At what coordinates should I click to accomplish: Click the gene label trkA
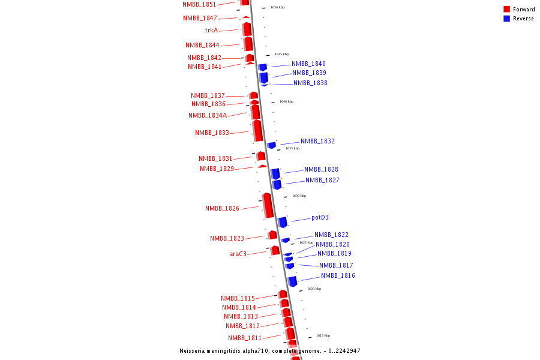(211, 30)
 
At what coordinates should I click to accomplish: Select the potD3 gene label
(320, 218)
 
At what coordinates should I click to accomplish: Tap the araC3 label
(238, 254)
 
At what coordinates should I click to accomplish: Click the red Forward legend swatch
(507, 9)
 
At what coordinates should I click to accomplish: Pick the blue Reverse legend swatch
(507, 19)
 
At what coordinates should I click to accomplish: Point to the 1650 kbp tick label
(277, 7)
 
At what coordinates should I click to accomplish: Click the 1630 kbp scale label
(299, 196)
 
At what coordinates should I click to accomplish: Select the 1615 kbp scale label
(323, 335)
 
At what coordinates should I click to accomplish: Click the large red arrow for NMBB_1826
(268, 206)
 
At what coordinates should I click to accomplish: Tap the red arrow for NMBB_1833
(257, 130)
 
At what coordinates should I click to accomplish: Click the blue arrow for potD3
(283, 222)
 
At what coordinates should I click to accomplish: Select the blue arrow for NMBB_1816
(293, 281)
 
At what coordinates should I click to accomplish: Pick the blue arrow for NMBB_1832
(271, 145)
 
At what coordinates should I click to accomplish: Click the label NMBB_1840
(308, 64)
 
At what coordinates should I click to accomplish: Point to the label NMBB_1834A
(208, 115)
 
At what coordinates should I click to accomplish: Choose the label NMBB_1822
(331, 235)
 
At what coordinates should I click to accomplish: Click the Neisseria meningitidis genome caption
(269, 351)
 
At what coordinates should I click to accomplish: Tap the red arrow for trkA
(247, 29)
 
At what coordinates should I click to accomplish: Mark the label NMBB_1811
(244, 338)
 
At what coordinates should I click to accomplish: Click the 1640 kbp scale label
(286, 101)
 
